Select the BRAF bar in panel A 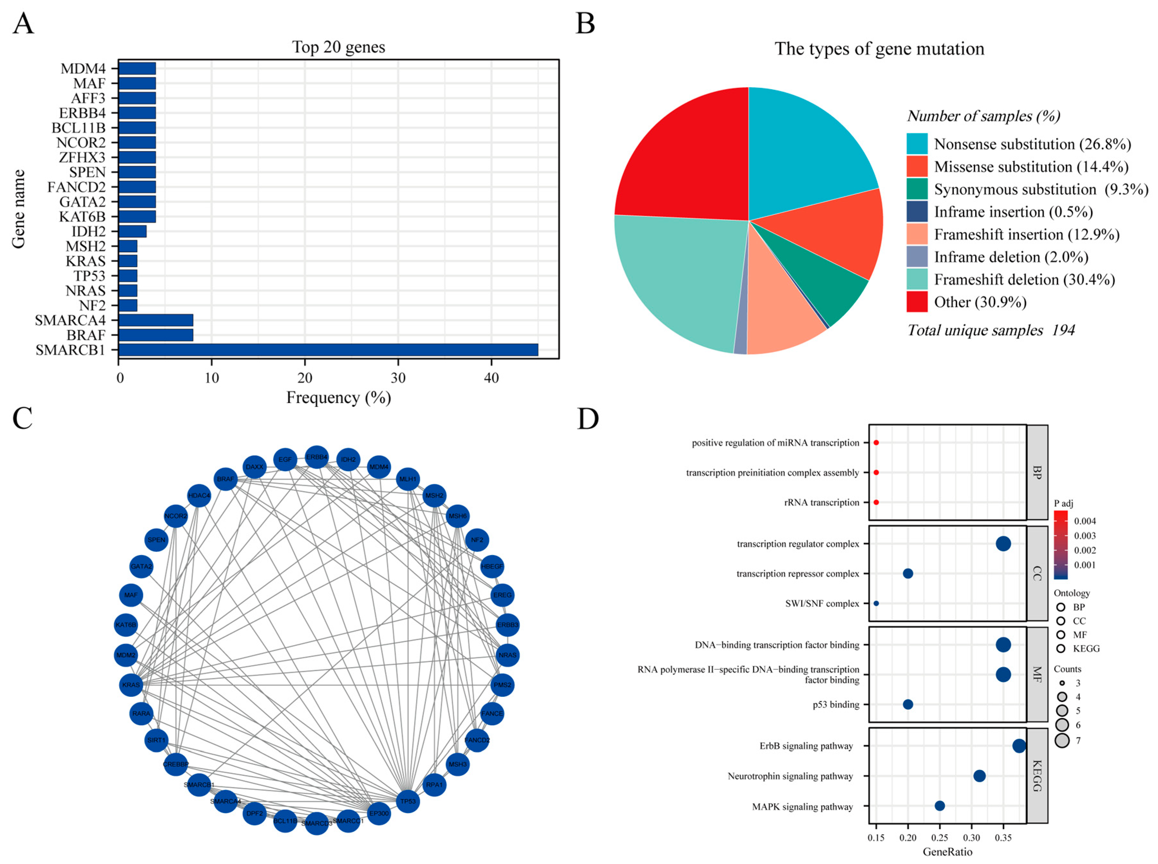click(x=156, y=335)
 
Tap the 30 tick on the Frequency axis click(x=398, y=378)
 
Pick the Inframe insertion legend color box click(x=917, y=211)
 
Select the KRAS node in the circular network click(x=131, y=685)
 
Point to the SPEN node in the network click(x=156, y=540)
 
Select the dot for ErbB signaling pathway click(x=1019, y=746)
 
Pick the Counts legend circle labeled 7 click(x=1061, y=740)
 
